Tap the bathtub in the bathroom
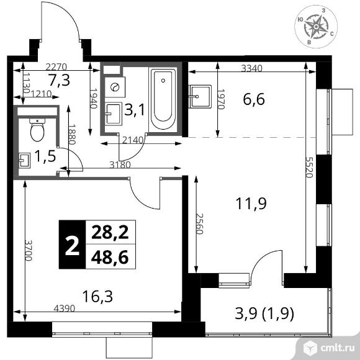(x=163, y=100)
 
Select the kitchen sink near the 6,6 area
(x=200, y=96)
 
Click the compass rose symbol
(x=316, y=27)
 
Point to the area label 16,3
(x=97, y=296)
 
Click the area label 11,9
(x=251, y=204)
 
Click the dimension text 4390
(x=65, y=308)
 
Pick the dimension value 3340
(x=251, y=68)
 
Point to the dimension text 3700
(x=29, y=251)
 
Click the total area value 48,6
(x=110, y=258)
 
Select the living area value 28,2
(x=110, y=232)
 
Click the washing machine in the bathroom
(x=115, y=87)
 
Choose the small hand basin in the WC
(x=25, y=160)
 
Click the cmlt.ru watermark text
(x=338, y=348)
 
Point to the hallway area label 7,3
(x=59, y=81)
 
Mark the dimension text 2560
(x=199, y=224)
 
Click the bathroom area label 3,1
(x=135, y=109)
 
